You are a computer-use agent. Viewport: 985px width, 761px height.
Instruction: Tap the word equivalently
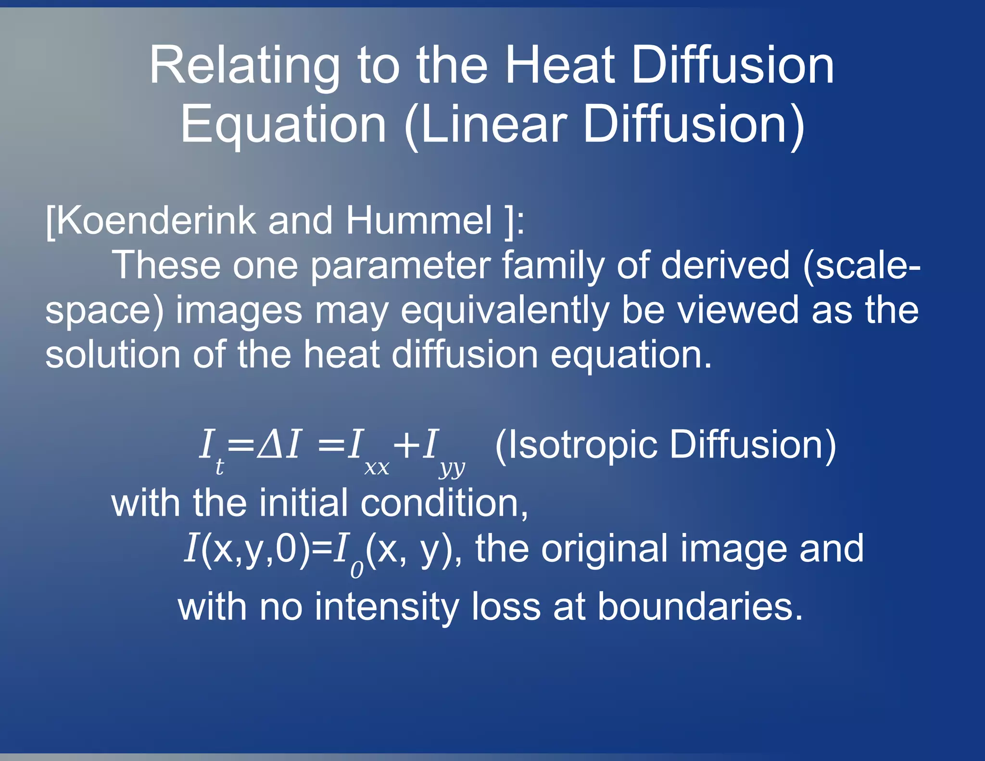point(505,310)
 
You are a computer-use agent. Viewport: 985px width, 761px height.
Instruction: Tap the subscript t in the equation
point(219,466)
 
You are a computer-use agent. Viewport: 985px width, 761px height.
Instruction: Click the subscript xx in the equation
point(377,468)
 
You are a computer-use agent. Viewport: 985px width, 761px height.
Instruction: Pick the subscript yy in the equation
point(452,468)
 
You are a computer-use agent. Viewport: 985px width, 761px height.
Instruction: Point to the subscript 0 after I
point(357,571)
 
